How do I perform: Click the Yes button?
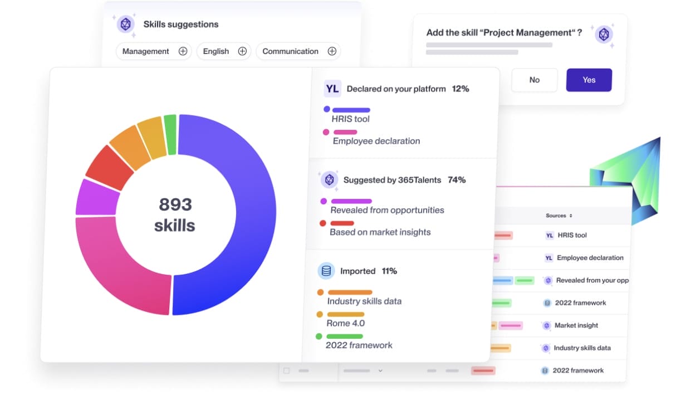coord(589,80)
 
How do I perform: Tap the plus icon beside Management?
coord(183,51)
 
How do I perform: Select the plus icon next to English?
coord(242,51)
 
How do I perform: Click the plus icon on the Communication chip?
coord(332,51)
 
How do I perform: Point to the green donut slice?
coord(170,134)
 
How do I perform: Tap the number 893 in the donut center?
coord(175,205)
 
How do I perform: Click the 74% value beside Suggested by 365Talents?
coord(456,180)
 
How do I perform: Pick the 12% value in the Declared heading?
coord(461,89)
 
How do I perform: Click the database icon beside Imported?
coord(326,271)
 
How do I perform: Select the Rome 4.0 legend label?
coord(346,323)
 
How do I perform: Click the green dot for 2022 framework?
coord(319,336)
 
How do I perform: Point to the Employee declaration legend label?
coord(376,141)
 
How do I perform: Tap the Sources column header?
coord(559,216)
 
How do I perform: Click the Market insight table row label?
coord(576,325)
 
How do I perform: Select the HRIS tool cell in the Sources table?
coord(572,235)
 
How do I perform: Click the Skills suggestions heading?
coord(181,25)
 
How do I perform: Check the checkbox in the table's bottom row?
coord(287,370)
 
